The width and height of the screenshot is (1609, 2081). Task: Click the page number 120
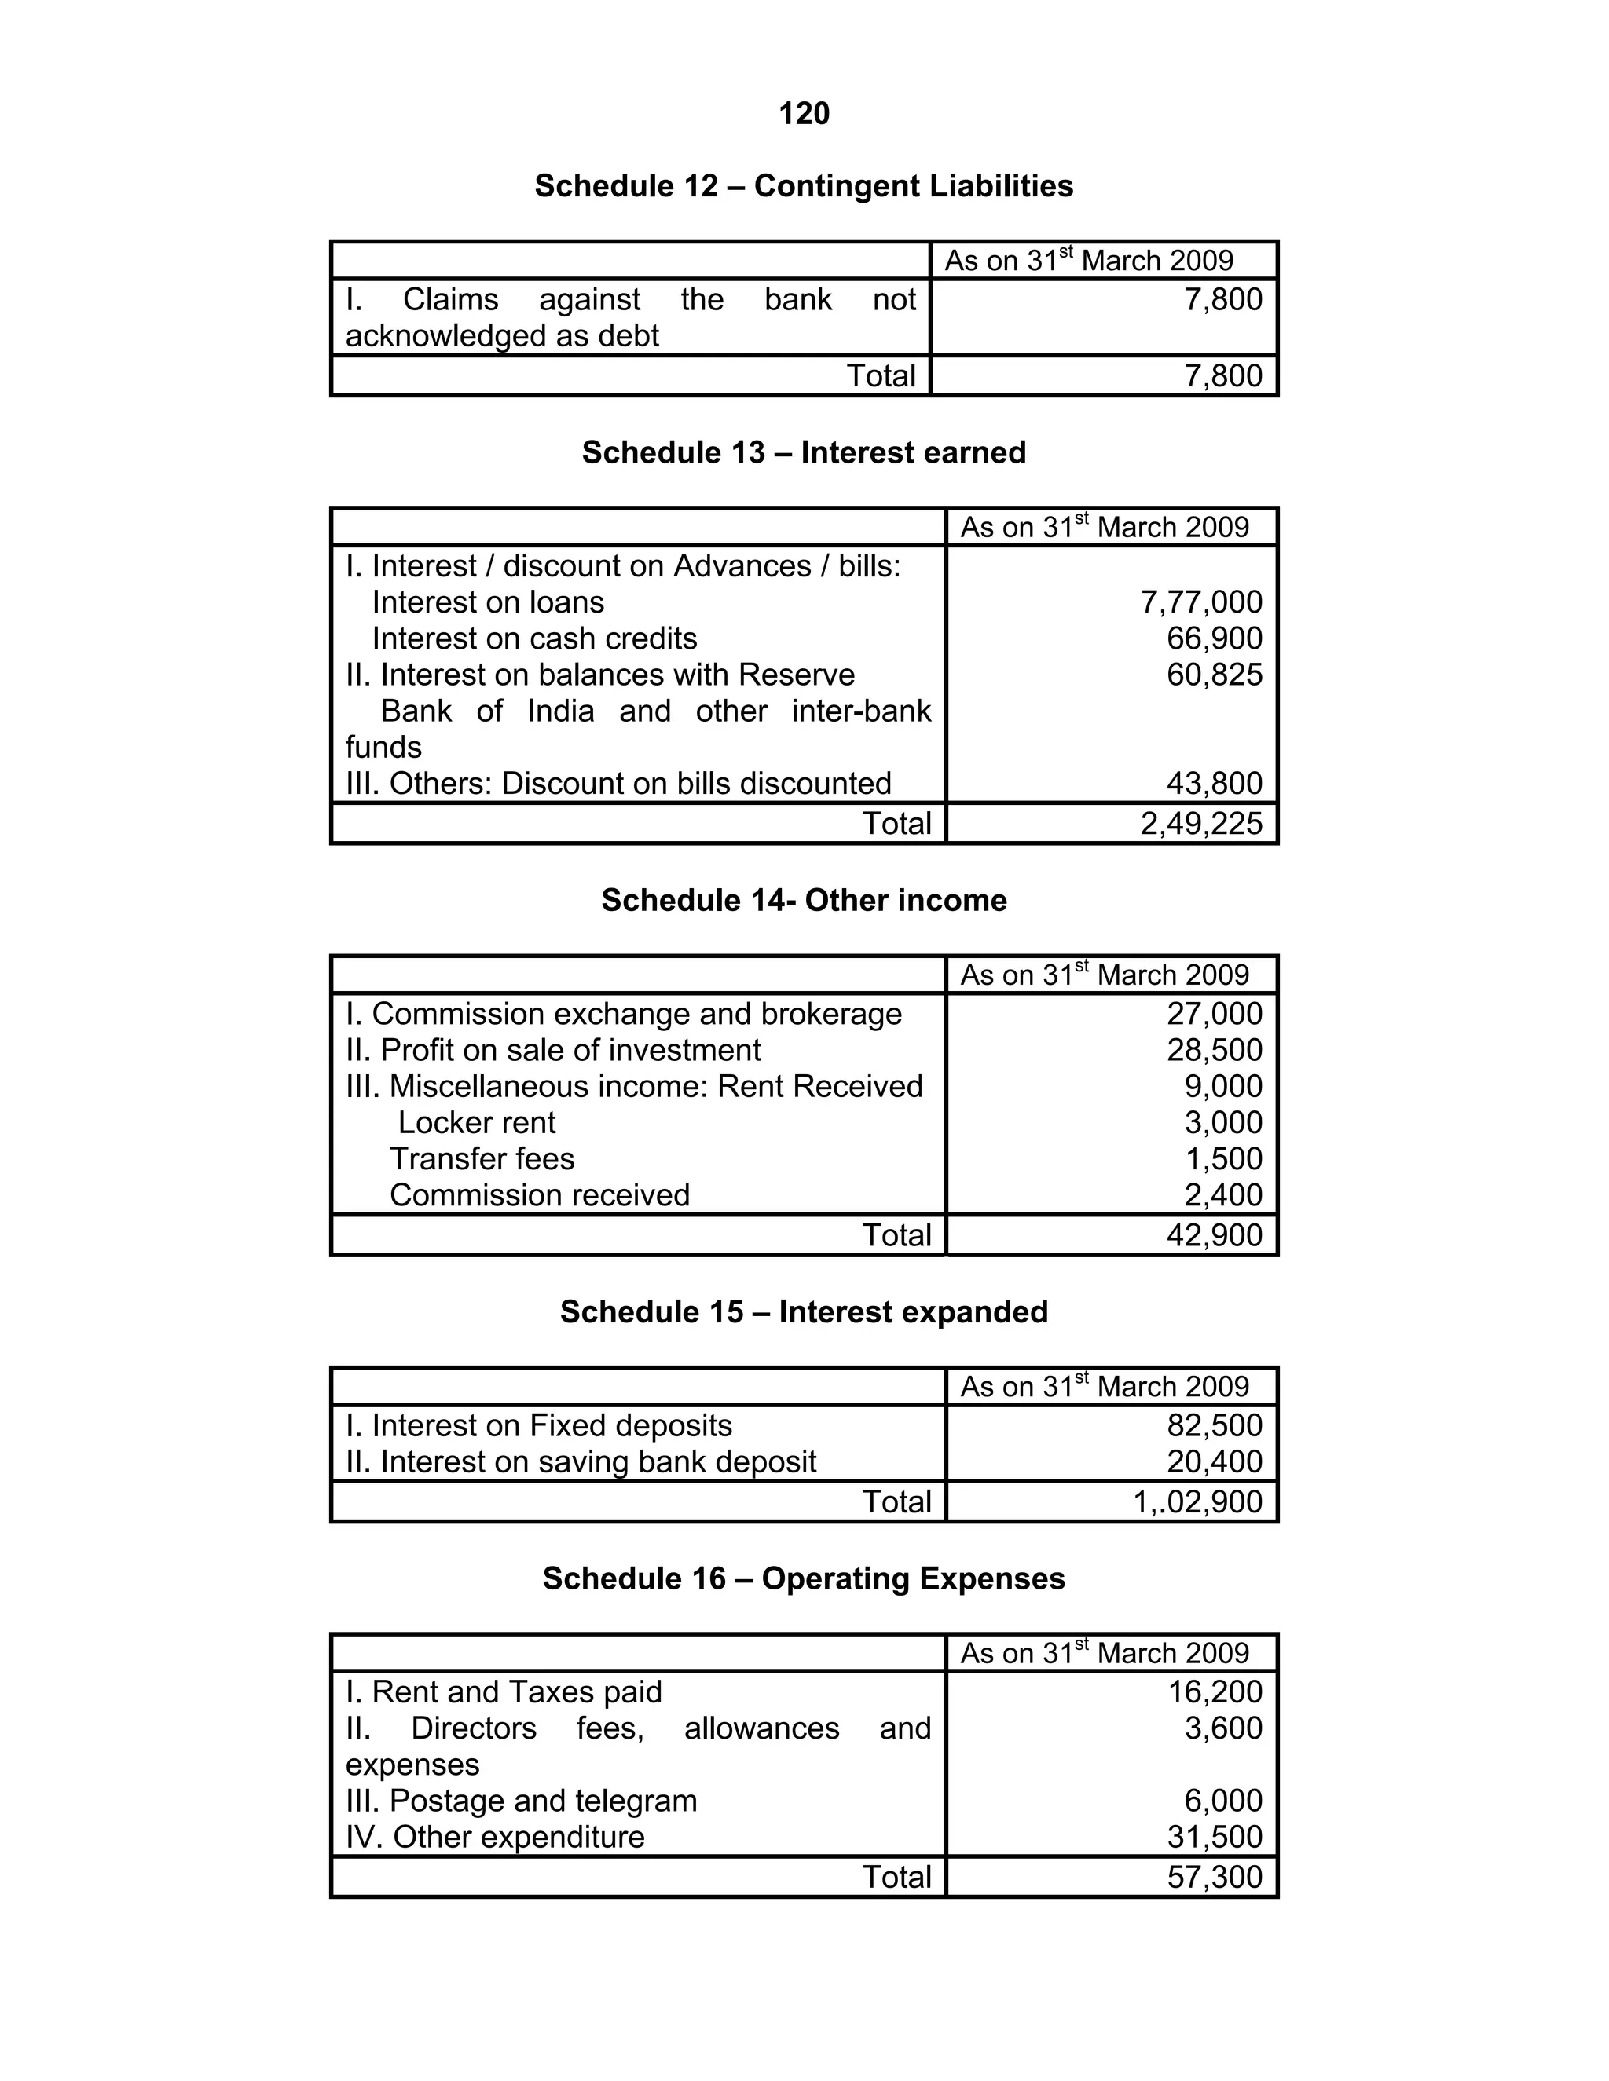point(804,115)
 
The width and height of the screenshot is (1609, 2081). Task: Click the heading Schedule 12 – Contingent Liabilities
point(804,186)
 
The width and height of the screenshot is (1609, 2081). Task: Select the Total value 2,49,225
point(1201,823)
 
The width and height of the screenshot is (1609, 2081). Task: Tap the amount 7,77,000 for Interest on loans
point(1201,602)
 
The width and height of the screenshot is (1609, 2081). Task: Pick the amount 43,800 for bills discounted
point(1215,783)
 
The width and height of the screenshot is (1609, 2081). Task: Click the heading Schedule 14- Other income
point(804,901)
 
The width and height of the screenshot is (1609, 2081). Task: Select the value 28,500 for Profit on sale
point(1215,1050)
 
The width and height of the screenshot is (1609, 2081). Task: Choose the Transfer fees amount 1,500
point(1223,1158)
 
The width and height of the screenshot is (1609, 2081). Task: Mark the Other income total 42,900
point(1215,1235)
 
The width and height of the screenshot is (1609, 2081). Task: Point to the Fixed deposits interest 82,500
point(1215,1425)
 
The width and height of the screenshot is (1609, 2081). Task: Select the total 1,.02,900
point(1197,1501)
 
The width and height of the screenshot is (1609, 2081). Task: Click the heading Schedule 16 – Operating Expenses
point(804,1579)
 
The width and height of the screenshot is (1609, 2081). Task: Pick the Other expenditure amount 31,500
point(1215,1837)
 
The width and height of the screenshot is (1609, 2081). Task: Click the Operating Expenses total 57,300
point(1215,1877)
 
